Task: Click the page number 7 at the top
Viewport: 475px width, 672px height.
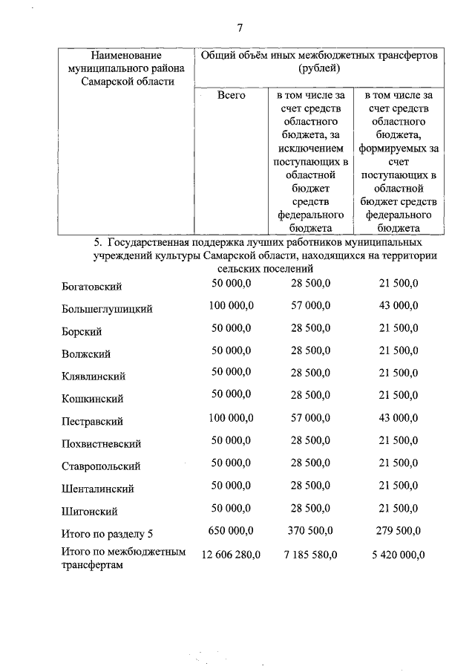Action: [x=240, y=28]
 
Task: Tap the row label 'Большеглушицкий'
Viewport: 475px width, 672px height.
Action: [x=107, y=309]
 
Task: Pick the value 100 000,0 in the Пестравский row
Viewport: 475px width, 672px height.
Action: [x=231, y=419]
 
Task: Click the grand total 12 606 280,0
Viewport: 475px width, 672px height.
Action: [x=226, y=554]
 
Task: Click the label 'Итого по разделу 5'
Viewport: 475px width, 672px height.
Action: [x=109, y=533]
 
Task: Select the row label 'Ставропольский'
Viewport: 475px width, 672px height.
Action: [x=101, y=466]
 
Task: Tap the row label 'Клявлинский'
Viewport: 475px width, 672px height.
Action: [x=94, y=376]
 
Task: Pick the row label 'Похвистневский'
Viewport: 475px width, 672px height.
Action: [x=101, y=444]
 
